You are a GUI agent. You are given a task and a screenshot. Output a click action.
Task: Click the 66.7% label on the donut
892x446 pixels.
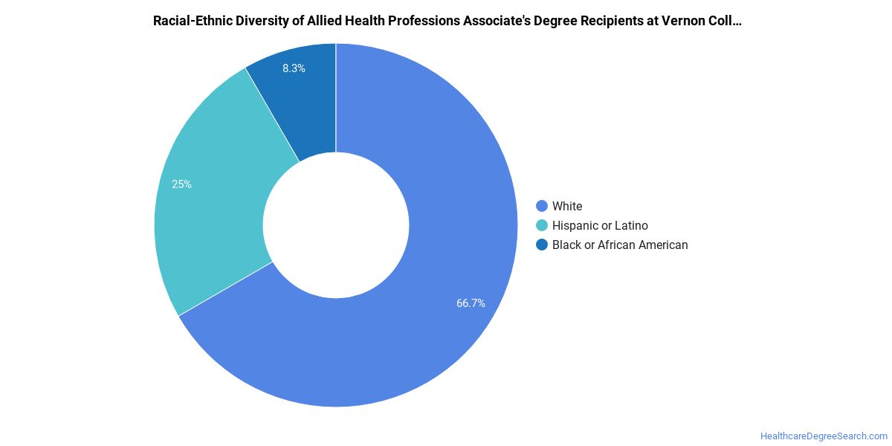pyautogui.click(x=471, y=303)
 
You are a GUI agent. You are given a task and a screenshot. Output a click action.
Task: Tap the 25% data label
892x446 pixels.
pyautogui.click(x=181, y=184)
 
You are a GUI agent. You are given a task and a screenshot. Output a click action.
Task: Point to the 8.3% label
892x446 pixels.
pyautogui.click(x=294, y=68)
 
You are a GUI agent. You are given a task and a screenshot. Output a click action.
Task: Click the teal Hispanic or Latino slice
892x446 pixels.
pyautogui.click(x=211, y=191)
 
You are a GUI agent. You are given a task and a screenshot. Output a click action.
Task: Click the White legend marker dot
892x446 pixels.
pyautogui.click(x=542, y=206)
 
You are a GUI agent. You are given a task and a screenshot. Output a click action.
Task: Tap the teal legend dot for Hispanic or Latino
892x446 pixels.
pyautogui.click(x=542, y=225)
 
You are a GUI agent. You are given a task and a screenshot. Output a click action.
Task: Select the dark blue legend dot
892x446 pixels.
pyautogui.click(x=542, y=245)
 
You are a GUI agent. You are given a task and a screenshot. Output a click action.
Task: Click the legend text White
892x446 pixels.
pyautogui.click(x=567, y=207)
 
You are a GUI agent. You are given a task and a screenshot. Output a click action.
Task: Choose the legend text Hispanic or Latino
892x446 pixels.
pyautogui.click(x=600, y=226)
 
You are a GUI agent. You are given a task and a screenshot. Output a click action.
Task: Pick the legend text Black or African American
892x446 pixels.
pyautogui.click(x=620, y=245)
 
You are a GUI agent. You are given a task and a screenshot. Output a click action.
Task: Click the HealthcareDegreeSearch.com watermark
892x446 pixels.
pyautogui.click(x=824, y=436)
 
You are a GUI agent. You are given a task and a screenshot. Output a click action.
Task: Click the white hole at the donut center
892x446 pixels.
pyautogui.click(x=336, y=225)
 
